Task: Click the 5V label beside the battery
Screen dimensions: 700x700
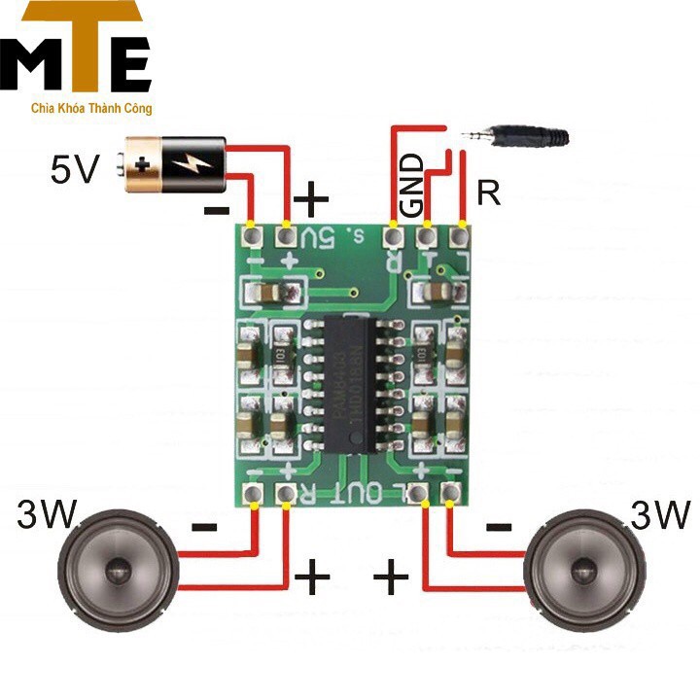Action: click(76, 170)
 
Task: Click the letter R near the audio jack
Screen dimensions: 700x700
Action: click(489, 194)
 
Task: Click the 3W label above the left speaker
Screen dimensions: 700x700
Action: click(49, 513)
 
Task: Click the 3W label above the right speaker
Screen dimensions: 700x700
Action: click(660, 513)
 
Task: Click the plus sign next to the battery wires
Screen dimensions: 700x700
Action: click(311, 202)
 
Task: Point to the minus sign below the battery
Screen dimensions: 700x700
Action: click(217, 208)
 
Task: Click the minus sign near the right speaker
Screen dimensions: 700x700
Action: click(499, 527)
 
